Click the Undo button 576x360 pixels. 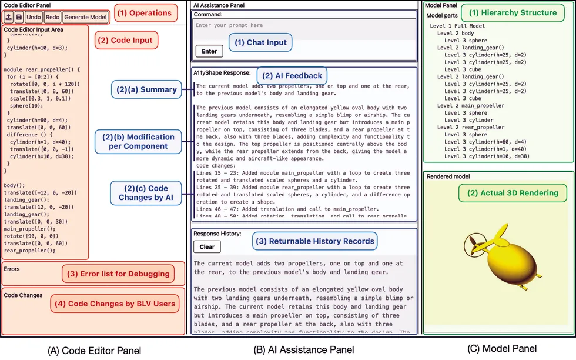tap(34, 18)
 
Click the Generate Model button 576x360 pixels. tap(86, 18)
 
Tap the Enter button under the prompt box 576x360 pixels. tap(209, 51)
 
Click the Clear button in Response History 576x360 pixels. tap(206, 247)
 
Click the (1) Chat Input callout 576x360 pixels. tap(260, 42)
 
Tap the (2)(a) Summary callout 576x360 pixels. tap(146, 89)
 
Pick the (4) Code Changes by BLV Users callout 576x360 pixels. tap(122, 303)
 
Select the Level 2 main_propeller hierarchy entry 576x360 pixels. tap(471, 106)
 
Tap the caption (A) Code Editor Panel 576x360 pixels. tap(94, 351)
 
